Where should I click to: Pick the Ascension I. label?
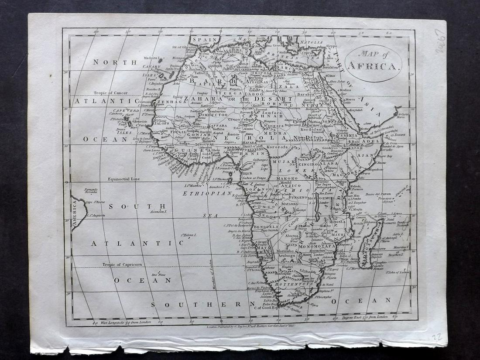[158, 211]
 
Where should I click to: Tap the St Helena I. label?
[189, 235]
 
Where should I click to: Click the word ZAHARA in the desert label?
[201, 99]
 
